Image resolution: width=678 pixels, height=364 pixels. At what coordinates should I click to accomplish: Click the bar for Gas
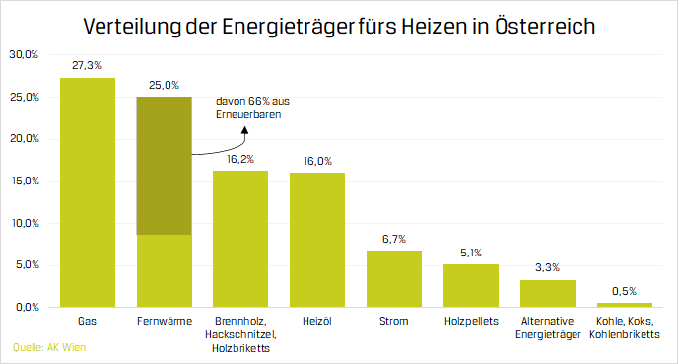point(88,192)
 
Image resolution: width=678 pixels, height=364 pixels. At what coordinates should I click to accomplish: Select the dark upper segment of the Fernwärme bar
point(164,165)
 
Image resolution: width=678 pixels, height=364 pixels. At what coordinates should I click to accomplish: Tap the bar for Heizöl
point(317,240)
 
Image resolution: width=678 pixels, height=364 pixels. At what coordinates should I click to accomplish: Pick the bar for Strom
point(394,278)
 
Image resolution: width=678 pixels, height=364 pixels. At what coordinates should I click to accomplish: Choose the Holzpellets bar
point(471,285)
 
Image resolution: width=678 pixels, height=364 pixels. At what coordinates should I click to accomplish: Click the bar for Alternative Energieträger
point(547,293)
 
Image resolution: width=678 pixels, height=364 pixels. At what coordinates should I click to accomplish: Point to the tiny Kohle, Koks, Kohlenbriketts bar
point(624,304)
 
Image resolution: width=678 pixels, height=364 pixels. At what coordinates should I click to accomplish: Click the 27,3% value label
point(88,64)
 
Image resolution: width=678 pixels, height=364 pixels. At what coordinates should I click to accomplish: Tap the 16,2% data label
point(240,157)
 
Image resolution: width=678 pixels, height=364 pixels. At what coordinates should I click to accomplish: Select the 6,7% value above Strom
point(394,238)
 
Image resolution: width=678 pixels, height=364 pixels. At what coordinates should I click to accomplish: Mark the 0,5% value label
point(624,290)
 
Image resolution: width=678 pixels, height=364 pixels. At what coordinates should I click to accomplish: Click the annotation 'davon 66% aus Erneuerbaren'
point(251,109)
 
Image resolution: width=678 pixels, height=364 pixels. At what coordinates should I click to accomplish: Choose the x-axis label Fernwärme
point(164,322)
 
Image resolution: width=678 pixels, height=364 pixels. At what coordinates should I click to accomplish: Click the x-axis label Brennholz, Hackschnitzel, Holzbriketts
point(240,333)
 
